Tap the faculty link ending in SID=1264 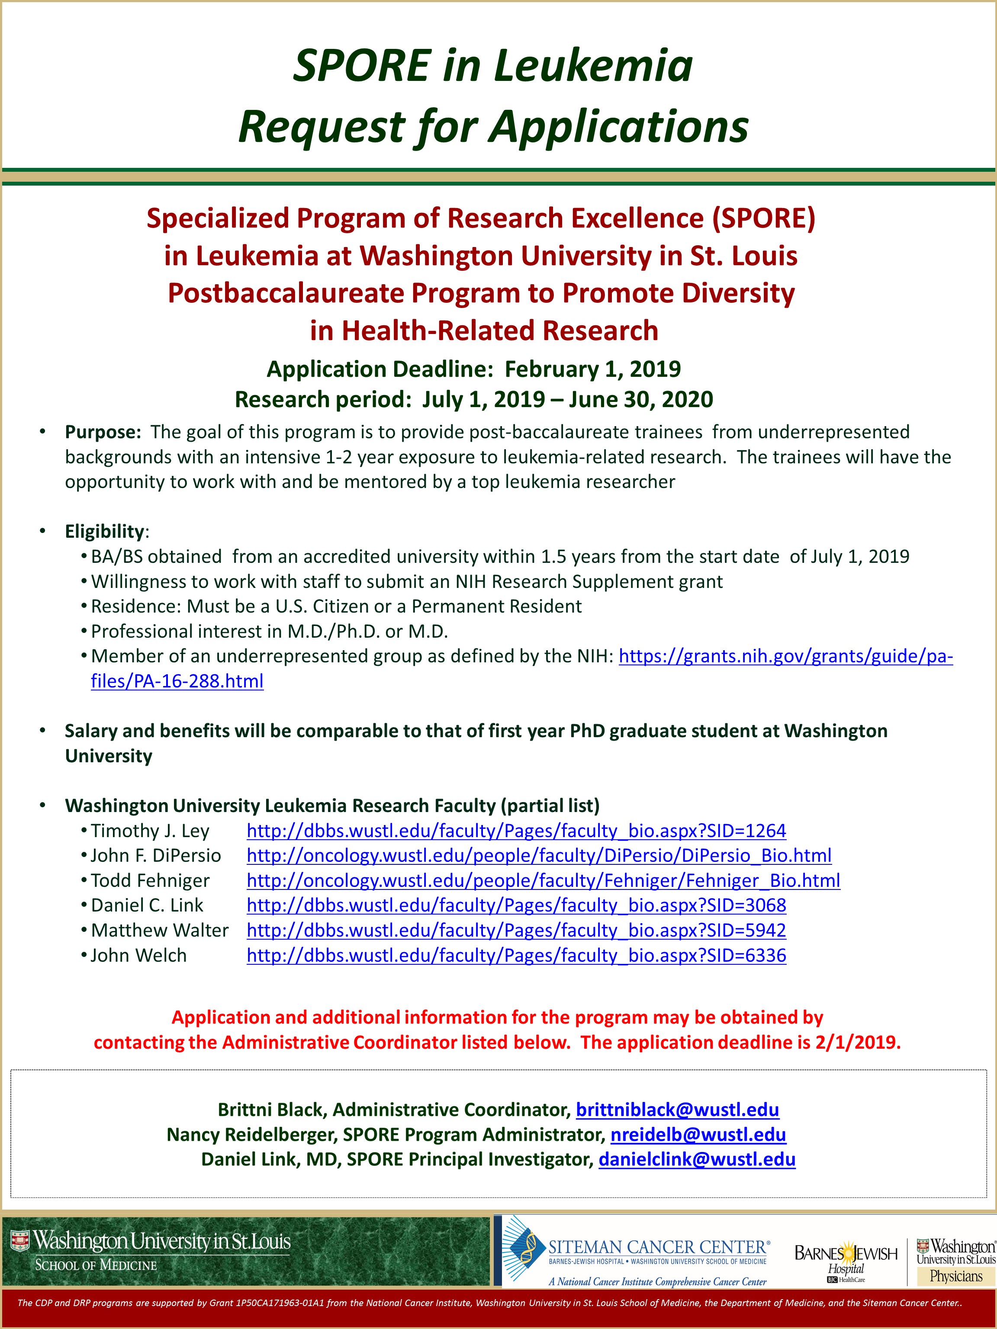(516, 831)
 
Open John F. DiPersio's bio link (538, 856)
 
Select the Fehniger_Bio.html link (543, 881)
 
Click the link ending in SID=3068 (516, 905)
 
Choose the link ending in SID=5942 (516, 931)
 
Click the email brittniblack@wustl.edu (677, 1110)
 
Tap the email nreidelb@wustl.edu (698, 1135)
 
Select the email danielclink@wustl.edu (697, 1159)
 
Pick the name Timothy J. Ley (150, 831)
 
